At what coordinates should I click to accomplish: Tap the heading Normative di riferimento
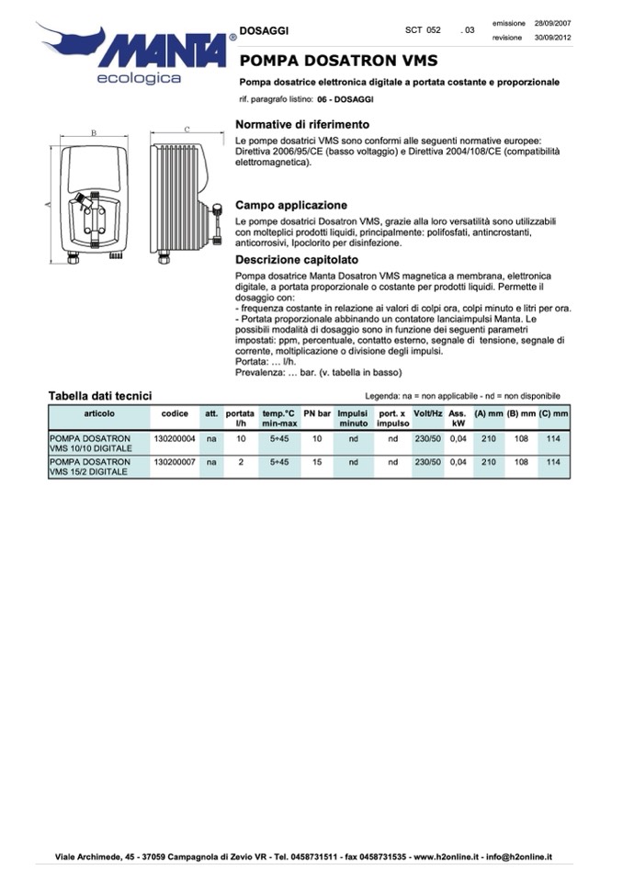tap(302, 124)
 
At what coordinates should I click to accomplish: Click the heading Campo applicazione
tap(291, 205)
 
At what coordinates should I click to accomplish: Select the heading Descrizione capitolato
tap(297, 260)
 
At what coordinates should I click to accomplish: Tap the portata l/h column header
tap(241, 419)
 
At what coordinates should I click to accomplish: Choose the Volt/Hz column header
tap(428, 414)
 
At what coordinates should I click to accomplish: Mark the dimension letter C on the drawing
tap(187, 130)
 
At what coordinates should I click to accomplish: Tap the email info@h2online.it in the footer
tap(519, 857)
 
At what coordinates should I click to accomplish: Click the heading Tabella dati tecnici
tap(99, 396)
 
